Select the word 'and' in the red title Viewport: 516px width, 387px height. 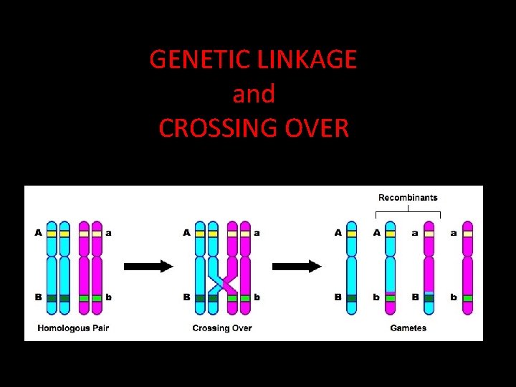click(x=254, y=94)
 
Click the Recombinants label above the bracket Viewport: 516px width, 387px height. click(x=408, y=197)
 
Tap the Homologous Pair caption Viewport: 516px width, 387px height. click(x=72, y=328)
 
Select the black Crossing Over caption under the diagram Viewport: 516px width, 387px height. click(x=222, y=328)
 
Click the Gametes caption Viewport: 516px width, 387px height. click(x=408, y=328)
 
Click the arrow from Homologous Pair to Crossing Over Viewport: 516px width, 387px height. click(x=148, y=267)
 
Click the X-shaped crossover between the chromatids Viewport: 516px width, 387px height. click(x=222, y=282)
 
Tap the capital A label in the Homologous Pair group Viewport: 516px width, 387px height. click(x=37, y=232)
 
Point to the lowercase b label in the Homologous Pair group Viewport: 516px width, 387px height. click(x=109, y=297)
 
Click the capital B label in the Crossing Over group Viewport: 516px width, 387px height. click(x=186, y=297)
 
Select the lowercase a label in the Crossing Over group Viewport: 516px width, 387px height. click(x=257, y=232)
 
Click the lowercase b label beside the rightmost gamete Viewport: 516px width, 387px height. click(x=454, y=297)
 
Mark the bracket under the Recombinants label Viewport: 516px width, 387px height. click(x=408, y=212)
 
